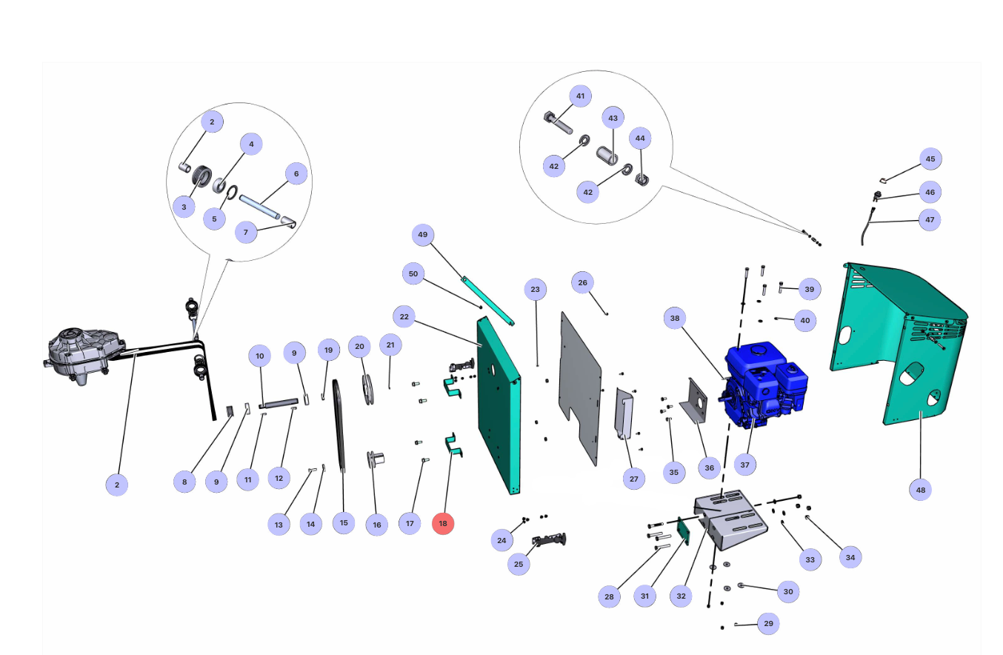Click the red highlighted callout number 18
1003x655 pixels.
tap(443, 523)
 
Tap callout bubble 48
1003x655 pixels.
tap(920, 490)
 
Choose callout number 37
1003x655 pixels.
tap(745, 465)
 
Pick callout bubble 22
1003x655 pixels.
tap(404, 317)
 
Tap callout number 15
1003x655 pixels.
tap(344, 522)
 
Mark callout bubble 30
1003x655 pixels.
tap(788, 591)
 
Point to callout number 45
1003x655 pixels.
tap(930, 159)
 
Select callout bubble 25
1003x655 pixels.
tap(519, 564)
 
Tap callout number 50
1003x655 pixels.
tap(413, 273)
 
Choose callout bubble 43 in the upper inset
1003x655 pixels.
tap(613, 118)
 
